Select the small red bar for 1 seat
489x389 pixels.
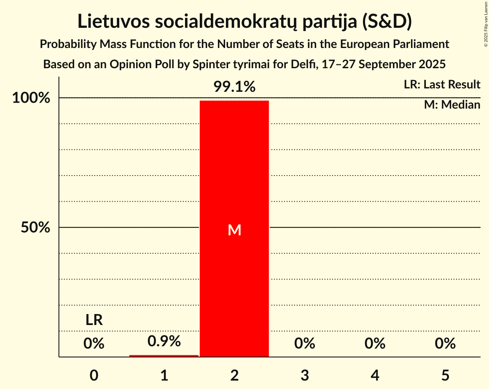pos(164,356)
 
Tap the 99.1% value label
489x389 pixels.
pos(234,87)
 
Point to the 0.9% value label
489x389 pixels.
pos(164,341)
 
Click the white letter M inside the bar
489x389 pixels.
pos(234,230)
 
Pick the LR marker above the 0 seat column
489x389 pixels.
pos(94,320)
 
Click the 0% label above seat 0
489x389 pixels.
pos(94,344)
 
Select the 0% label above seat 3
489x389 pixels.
pos(305,344)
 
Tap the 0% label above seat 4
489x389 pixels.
pos(375,344)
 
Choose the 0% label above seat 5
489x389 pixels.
pos(446,344)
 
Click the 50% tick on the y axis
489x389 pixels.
pos(35,228)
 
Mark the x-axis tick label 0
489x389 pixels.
pos(94,375)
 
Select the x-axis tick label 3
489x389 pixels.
pos(305,375)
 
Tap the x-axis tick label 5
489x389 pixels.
pos(446,375)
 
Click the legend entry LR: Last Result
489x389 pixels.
pos(442,85)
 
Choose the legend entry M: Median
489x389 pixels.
pos(452,105)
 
